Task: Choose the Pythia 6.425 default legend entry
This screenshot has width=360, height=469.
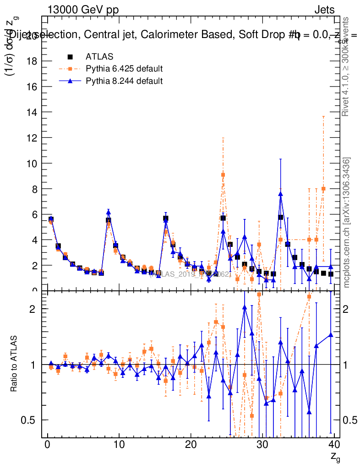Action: tap(124, 69)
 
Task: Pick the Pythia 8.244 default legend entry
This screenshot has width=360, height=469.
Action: tap(124, 81)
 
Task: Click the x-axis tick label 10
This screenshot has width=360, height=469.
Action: tap(119, 445)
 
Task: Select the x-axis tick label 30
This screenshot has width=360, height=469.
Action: tap(262, 445)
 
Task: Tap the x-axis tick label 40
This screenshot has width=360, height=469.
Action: tap(334, 445)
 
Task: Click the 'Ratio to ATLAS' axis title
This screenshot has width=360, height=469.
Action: tap(15, 364)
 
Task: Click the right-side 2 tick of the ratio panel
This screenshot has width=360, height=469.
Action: tap(347, 309)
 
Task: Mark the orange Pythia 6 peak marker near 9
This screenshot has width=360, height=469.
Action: tap(223, 175)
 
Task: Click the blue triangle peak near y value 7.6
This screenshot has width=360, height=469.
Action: tap(280, 194)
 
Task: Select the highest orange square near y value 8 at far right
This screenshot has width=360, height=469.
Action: tap(323, 189)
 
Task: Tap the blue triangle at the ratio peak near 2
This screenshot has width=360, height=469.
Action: tap(245, 307)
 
